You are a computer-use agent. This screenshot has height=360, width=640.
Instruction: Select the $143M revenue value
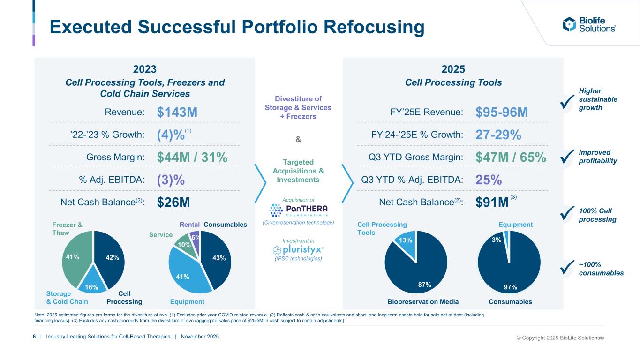(177, 112)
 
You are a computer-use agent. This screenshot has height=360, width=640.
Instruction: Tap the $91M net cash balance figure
(492, 202)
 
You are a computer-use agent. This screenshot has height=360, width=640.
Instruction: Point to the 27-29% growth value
(498, 135)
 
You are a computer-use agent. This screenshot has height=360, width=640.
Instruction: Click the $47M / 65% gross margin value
(511, 157)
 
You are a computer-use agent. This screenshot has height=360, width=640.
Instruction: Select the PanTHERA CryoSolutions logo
(299, 209)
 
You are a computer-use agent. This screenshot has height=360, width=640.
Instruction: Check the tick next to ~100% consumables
(567, 269)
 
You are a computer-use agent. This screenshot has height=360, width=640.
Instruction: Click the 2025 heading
(453, 69)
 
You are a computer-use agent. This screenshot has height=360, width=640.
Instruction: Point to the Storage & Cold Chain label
(67, 297)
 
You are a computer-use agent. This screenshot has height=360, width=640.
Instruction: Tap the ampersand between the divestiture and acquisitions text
(298, 139)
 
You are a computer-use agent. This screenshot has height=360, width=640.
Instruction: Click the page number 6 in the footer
(34, 337)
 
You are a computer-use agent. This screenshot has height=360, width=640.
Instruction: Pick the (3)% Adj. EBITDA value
(171, 180)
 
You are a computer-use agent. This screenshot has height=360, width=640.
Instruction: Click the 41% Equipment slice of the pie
(183, 274)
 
